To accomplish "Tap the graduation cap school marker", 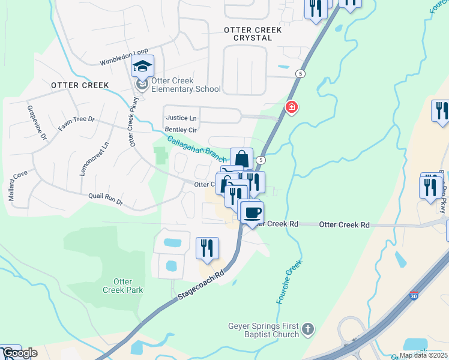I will coord(143,65).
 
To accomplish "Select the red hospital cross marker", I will coord(292,107).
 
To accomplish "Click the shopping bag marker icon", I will coord(241,159).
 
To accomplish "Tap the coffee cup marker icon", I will coord(252,212).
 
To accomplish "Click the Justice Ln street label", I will coord(181,118).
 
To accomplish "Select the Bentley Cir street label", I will coord(180,130).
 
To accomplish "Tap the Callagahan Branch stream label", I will coord(197,149).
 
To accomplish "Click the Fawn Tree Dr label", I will coord(76,124).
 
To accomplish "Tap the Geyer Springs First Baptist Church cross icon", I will coord(307,329).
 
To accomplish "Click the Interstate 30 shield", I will coord(414,296).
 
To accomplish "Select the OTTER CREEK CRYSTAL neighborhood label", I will coord(248,33).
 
